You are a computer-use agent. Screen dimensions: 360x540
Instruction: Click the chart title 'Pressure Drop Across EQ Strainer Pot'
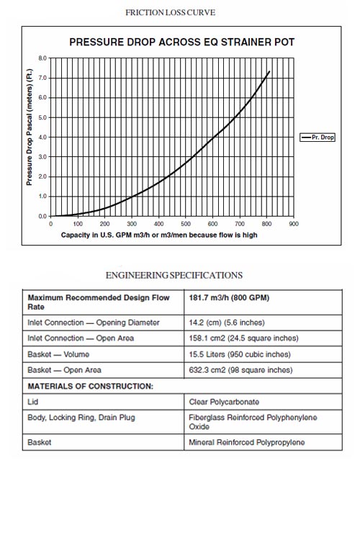(182, 42)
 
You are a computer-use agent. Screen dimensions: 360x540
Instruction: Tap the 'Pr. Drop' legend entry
(318, 138)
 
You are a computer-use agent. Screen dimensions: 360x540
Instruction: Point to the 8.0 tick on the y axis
(42, 58)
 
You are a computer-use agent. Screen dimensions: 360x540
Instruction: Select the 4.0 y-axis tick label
(42, 137)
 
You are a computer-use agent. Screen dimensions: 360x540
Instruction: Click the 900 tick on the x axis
(294, 224)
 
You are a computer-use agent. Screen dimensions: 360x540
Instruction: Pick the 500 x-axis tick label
(186, 224)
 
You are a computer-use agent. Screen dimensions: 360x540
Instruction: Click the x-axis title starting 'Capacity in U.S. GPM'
(159, 235)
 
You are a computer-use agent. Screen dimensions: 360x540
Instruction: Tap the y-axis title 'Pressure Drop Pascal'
(30, 127)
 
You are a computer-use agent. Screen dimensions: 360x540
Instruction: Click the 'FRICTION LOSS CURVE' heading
(170, 13)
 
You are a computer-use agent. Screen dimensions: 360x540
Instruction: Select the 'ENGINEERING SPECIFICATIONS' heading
(174, 275)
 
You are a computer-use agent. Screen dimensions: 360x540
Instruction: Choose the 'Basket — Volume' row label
(58, 354)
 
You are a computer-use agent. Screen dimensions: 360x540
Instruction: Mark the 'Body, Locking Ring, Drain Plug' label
(81, 418)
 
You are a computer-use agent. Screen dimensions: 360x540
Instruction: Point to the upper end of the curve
(269, 71)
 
